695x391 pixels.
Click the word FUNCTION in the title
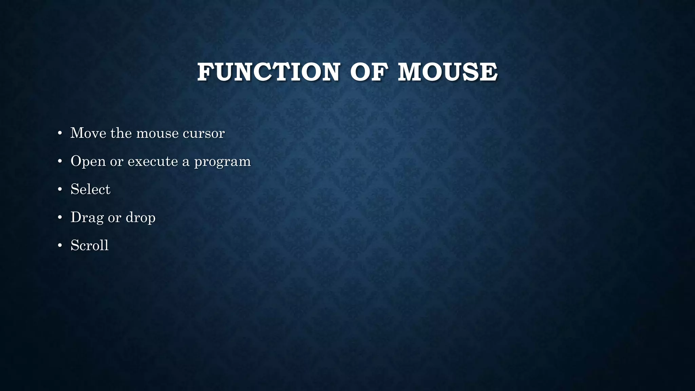(268, 72)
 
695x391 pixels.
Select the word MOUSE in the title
(448, 72)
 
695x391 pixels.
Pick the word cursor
(204, 133)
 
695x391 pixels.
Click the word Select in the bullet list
(90, 189)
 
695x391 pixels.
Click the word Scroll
(90, 245)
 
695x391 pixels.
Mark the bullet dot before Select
(60, 189)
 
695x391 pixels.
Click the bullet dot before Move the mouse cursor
(60, 133)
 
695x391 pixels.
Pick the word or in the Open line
(116, 162)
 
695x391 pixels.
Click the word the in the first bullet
(121, 133)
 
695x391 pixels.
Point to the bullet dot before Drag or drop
(60, 218)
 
